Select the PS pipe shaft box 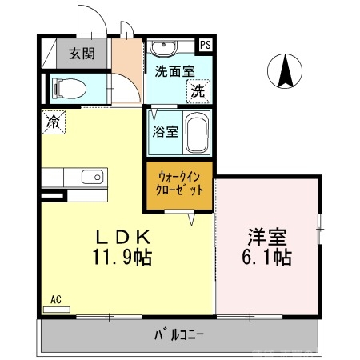tap(206, 46)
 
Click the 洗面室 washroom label tap(173, 70)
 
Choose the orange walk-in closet tap(179, 186)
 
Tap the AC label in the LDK tap(56, 300)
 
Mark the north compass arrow tap(284, 70)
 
